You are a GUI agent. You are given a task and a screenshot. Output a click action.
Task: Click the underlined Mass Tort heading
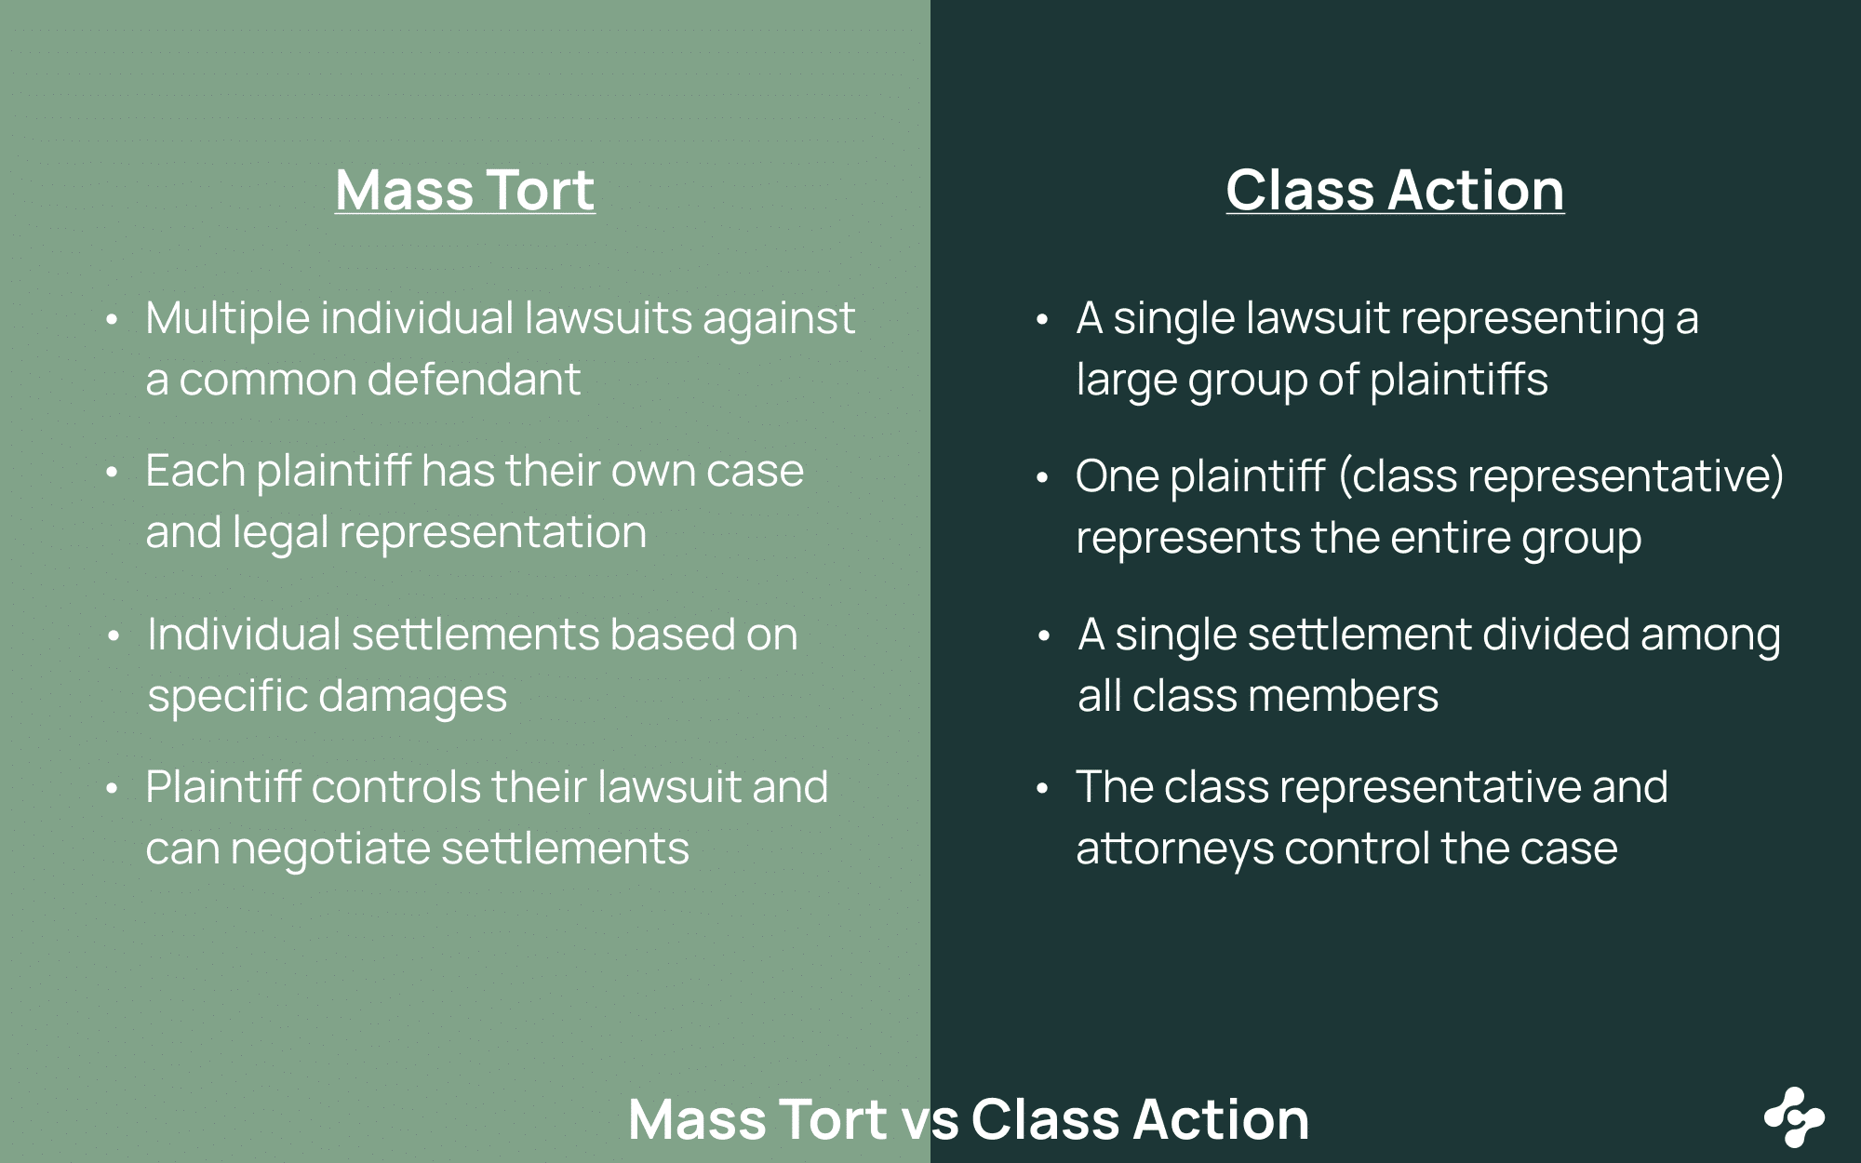464,191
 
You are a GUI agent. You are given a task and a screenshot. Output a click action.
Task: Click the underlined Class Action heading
1395,191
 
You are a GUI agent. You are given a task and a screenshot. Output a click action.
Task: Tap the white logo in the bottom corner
1794,1116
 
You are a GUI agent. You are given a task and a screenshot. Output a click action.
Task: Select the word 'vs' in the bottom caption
930,1119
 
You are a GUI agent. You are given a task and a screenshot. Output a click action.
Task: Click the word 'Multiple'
227,319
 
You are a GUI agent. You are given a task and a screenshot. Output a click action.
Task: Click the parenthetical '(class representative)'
1561,476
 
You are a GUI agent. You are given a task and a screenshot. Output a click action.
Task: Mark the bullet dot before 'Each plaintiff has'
112,473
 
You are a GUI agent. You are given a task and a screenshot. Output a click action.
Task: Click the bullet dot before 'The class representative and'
1042,789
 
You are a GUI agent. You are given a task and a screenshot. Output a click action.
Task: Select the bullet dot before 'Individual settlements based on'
114,636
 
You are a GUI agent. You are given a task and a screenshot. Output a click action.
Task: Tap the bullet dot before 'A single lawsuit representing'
1042,320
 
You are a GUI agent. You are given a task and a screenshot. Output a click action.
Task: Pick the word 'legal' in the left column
279,533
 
